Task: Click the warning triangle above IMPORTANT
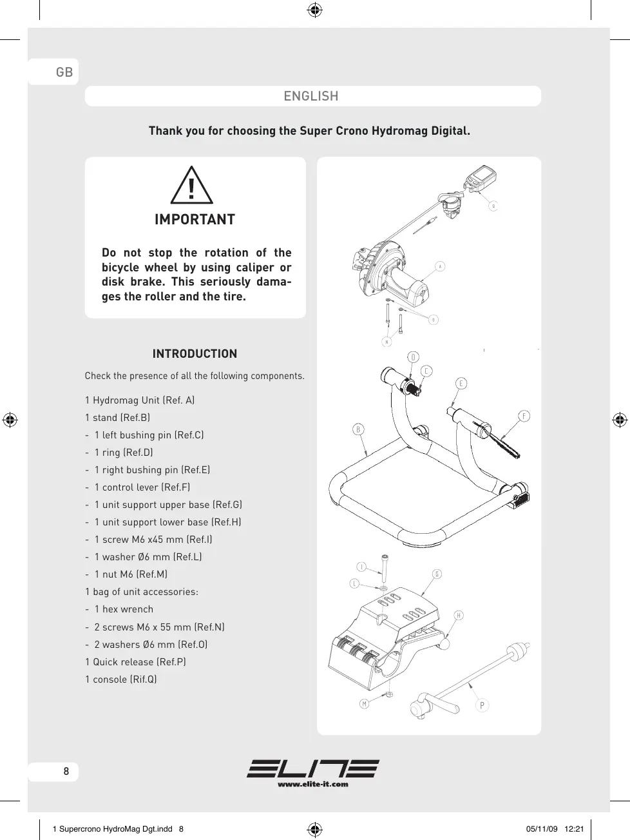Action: point(191,186)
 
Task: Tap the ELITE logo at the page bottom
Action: point(313,769)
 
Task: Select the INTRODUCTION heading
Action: point(195,354)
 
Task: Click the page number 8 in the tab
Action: point(66,771)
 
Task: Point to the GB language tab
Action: point(64,72)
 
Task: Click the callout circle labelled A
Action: point(441,266)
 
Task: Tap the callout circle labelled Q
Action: point(493,206)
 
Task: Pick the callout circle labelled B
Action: point(358,430)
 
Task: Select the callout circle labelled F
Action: point(524,416)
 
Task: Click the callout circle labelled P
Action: point(482,705)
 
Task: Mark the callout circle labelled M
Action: point(365,704)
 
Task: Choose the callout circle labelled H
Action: point(459,615)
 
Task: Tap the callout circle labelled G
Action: point(437,574)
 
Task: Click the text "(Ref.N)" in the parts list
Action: point(209,627)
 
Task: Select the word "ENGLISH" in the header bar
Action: point(311,96)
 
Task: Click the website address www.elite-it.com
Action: point(313,785)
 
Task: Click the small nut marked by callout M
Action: point(388,695)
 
